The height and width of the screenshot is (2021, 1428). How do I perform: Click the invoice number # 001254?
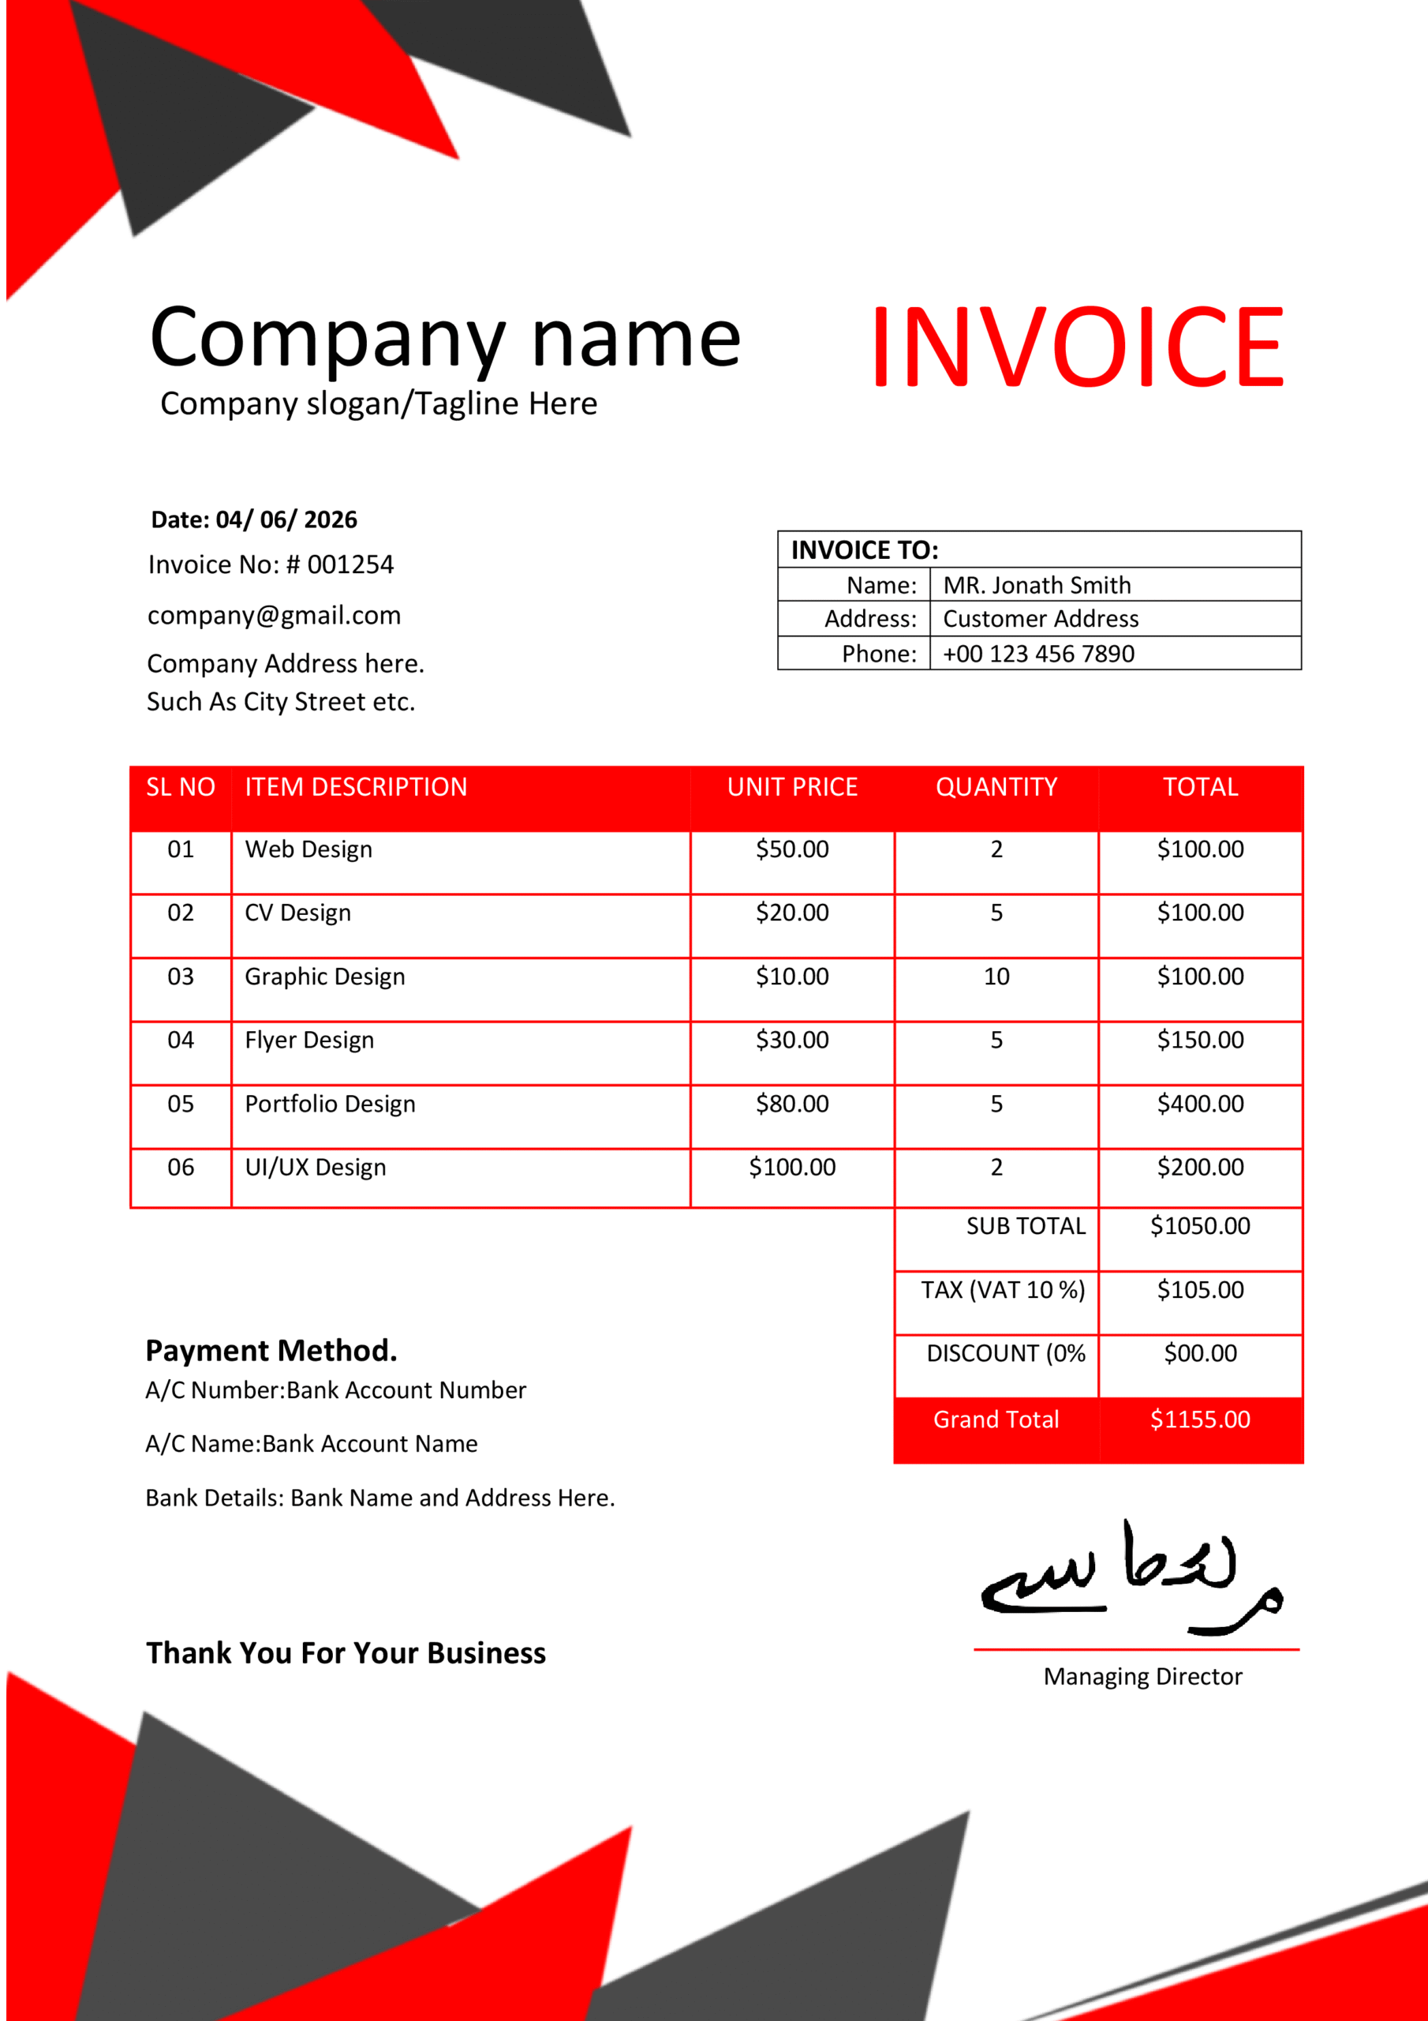350,564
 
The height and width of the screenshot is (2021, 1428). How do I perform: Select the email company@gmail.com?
274,615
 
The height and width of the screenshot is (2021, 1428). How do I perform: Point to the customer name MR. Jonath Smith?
1037,585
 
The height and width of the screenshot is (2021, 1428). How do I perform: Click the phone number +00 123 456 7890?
1038,654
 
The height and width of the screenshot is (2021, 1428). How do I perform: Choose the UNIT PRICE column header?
792,787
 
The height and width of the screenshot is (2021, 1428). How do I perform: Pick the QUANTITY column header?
996,787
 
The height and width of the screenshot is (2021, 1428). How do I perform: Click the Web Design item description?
308,849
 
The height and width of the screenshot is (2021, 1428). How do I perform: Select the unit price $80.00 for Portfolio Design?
792,1104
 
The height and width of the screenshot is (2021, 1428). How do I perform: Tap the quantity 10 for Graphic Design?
996,977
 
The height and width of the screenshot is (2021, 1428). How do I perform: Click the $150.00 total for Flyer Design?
1200,1040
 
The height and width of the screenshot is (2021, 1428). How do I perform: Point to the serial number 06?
181,1167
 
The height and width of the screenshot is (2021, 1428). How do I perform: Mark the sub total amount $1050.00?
1200,1226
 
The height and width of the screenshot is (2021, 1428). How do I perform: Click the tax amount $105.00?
1200,1289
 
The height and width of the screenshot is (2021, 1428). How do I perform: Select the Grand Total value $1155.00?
1200,1419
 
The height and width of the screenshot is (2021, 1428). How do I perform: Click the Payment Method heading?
271,1350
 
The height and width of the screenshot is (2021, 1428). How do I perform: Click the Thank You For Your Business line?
346,1653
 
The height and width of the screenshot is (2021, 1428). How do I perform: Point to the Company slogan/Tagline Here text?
379,403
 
